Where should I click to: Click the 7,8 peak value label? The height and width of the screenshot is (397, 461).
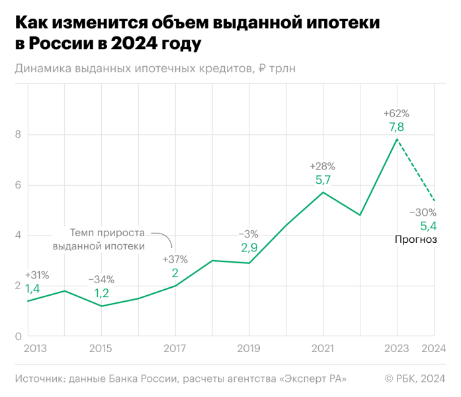(x=397, y=127)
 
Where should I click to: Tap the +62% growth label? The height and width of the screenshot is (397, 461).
(x=397, y=112)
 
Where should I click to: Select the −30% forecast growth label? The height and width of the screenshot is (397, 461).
(x=423, y=212)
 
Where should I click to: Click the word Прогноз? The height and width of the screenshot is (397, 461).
(x=416, y=240)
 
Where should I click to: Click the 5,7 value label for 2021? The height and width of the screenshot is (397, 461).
(x=323, y=179)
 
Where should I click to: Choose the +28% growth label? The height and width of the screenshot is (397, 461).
(x=323, y=165)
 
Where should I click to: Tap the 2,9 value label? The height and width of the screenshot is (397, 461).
(x=249, y=247)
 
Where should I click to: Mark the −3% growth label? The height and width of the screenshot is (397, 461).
(x=249, y=234)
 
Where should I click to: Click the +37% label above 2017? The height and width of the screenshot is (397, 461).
(x=175, y=259)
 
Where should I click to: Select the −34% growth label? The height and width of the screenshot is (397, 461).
(x=101, y=279)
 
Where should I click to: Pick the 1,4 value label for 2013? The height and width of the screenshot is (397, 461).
(x=33, y=288)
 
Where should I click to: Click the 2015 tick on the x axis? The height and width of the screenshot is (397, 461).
(x=101, y=348)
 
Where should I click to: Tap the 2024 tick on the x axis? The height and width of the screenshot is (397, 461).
(x=433, y=348)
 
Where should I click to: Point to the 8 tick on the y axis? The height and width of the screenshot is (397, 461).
(x=19, y=135)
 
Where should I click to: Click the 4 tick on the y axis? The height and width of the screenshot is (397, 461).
(x=19, y=236)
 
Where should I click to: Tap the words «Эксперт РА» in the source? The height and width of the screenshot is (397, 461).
(x=314, y=378)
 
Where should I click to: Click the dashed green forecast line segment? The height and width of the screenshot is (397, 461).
(x=415, y=170)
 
